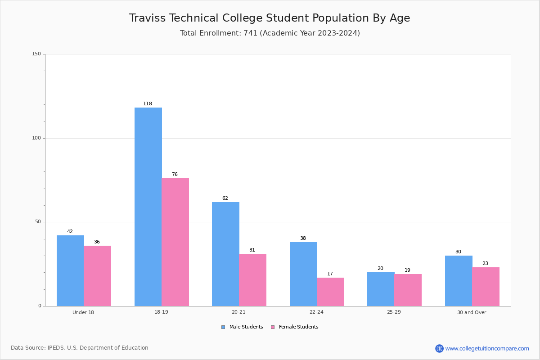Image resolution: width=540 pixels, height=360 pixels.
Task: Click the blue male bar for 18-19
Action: (x=148, y=207)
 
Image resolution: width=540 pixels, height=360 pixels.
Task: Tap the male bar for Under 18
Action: (x=70, y=270)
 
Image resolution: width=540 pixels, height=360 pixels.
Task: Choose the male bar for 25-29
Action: (x=381, y=289)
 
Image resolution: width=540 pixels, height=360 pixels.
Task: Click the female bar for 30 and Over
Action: (x=486, y=287)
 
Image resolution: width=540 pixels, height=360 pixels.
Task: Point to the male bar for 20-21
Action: (x=225, y=254)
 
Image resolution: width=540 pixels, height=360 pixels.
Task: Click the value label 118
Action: (x=148, y=104)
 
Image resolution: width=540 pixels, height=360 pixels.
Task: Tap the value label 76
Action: (x=175, y=175)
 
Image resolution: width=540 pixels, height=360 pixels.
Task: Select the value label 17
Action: (x=330, y=274)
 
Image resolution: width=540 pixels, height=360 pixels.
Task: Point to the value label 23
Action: (x=485, y=264)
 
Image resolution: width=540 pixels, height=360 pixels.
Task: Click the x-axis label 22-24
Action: (x=316, y=312)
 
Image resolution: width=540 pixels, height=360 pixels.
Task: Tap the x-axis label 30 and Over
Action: (x=472, y=312)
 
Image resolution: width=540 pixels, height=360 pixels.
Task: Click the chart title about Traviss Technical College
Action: (x=270, y=18)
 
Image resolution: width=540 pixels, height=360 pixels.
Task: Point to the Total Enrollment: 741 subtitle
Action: (x=270, y=33)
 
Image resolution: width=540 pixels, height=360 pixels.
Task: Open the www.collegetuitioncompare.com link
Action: (x=487, y=348)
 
